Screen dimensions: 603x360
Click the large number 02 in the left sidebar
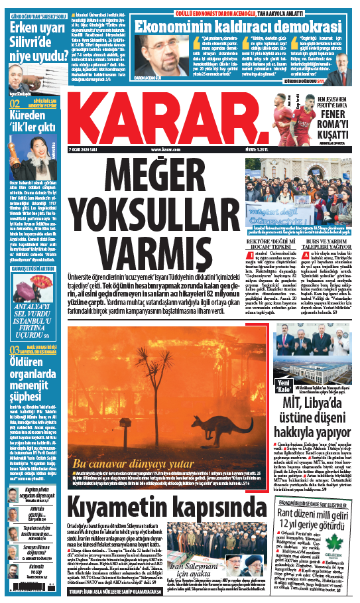coord(14,104)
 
